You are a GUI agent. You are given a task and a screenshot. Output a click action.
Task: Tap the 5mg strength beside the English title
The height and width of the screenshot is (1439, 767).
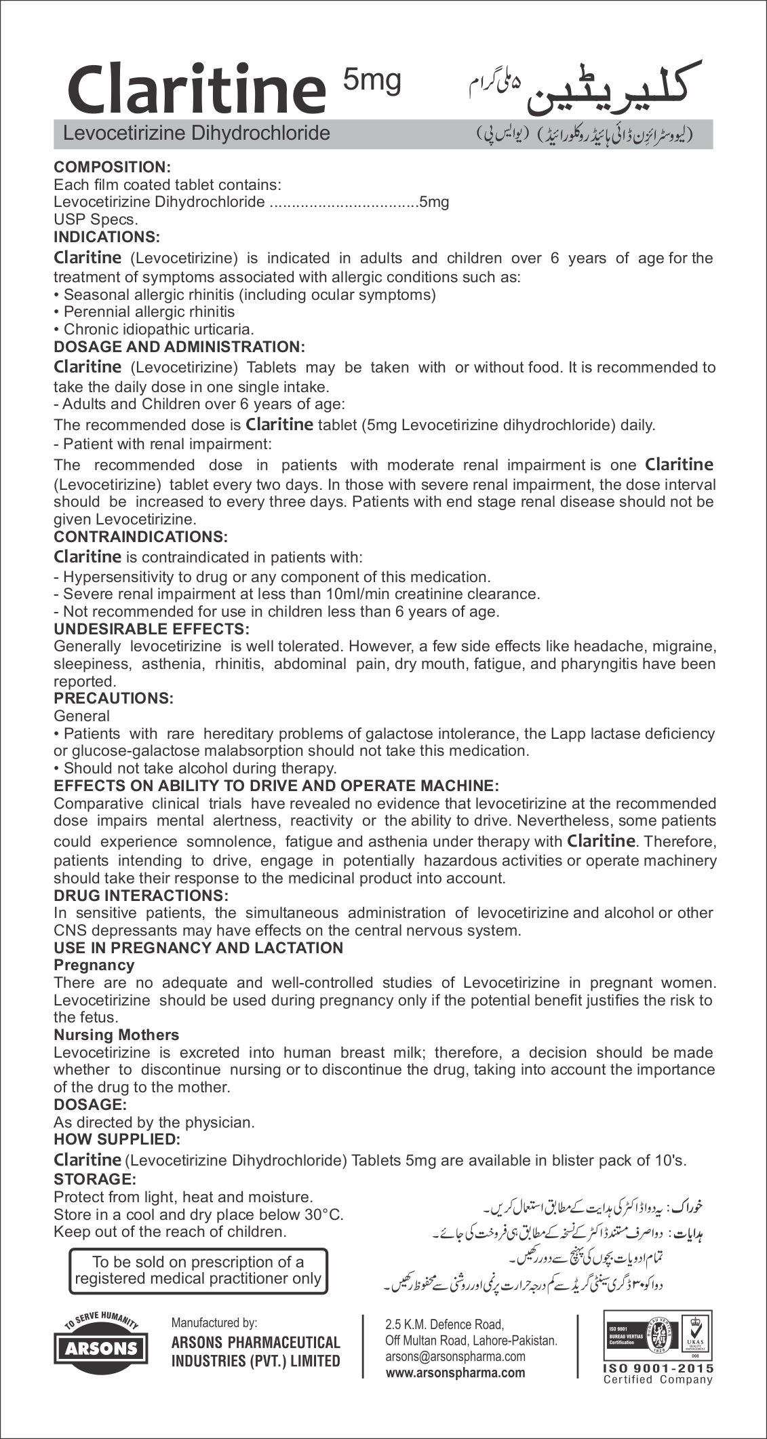click(x=372, y=79)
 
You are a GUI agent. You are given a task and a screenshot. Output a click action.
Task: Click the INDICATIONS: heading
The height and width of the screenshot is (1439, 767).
click(x=106, y=237)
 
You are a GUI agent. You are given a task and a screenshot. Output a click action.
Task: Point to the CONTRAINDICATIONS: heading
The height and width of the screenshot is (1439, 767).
click(x=140, y=536)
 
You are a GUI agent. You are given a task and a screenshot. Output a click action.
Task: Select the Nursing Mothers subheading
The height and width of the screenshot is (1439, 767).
click(x=116, y=1035)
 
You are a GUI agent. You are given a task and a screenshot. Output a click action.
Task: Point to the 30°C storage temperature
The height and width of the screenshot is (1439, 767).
click(x=326, y=1214)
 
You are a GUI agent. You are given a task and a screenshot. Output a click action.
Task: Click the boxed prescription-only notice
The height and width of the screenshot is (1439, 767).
click(x=198, y=1270)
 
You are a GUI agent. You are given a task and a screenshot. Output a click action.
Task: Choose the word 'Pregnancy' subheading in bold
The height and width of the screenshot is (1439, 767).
click(x=94, y=965)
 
